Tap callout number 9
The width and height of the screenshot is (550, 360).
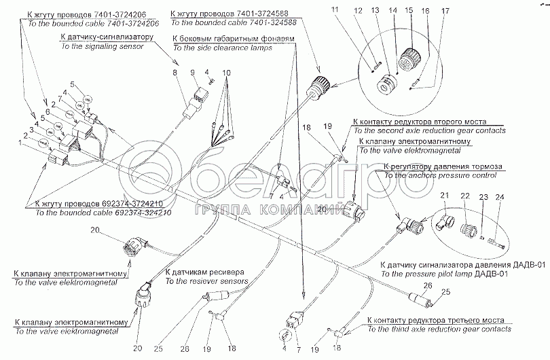tap(192, 72)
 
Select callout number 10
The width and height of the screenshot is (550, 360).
tap(225, 72)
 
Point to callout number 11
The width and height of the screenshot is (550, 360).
tap(371, 11)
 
